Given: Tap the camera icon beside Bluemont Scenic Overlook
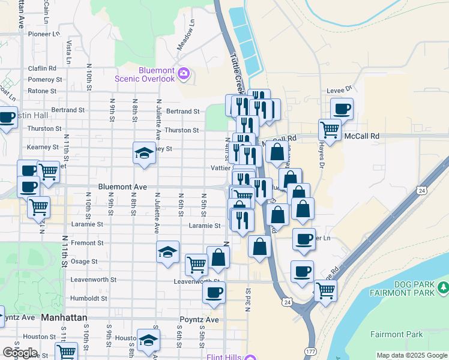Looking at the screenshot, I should (184, 74).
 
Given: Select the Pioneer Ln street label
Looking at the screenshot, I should (44, 34).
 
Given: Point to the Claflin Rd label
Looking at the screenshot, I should (42, 68).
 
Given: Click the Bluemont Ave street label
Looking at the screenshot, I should (122, 187).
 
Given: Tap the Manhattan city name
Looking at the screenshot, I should (64, 317).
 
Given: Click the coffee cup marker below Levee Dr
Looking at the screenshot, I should (342, 109).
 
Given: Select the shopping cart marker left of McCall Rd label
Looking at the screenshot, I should (330, 128).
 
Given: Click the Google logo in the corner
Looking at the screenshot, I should (20, 353).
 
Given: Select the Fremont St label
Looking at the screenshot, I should (88, 243).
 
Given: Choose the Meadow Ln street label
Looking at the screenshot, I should (187, 37).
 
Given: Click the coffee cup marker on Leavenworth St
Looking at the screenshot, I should (214, 292).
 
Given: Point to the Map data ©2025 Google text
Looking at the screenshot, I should (412, 355).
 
